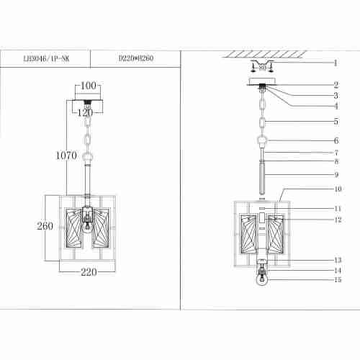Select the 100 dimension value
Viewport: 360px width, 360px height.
(88, 86)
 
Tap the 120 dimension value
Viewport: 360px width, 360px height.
(86, 112)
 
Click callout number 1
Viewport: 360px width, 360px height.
(335, 63)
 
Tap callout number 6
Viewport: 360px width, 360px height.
(335, 140)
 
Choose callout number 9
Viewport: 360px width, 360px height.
(335, 174)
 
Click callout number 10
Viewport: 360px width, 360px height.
(337, 190)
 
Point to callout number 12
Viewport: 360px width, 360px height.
(337, 220)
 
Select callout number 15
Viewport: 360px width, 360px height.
(337, 280)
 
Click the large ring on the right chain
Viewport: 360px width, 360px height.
(263, 141)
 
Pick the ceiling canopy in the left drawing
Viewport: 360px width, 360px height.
(87, 107)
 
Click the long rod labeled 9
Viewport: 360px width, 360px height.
(263, 177)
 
